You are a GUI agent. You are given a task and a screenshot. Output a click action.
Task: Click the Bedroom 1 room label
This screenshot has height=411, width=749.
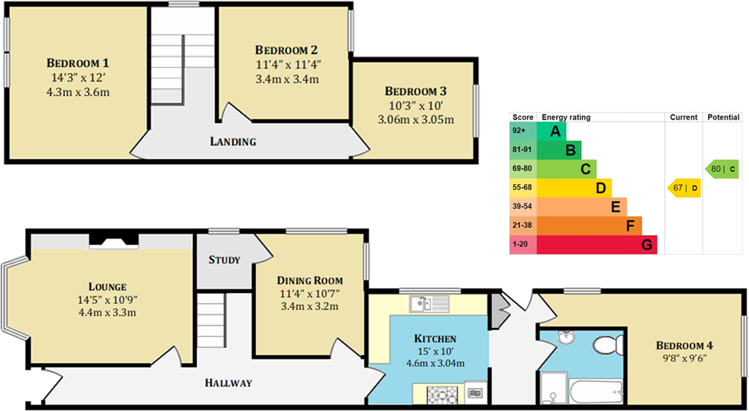[78, 62]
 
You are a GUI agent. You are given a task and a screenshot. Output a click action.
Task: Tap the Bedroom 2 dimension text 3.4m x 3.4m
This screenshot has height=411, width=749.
[286, 78]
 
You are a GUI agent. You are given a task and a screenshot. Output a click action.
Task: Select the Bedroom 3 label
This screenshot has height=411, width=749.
[416, 91]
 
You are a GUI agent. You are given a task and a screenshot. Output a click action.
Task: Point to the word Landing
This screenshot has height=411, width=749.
[233, 142]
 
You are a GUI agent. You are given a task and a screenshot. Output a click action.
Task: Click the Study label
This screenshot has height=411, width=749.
[224, 259]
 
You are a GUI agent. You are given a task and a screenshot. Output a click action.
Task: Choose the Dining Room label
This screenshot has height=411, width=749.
[310, 280]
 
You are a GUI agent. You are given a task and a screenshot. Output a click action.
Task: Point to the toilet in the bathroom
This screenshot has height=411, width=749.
[605, 346]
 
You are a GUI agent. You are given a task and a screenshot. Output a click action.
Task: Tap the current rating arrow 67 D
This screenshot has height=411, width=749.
[684, 188]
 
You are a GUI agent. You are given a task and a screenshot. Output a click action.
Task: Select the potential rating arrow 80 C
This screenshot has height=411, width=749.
[722, 169]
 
